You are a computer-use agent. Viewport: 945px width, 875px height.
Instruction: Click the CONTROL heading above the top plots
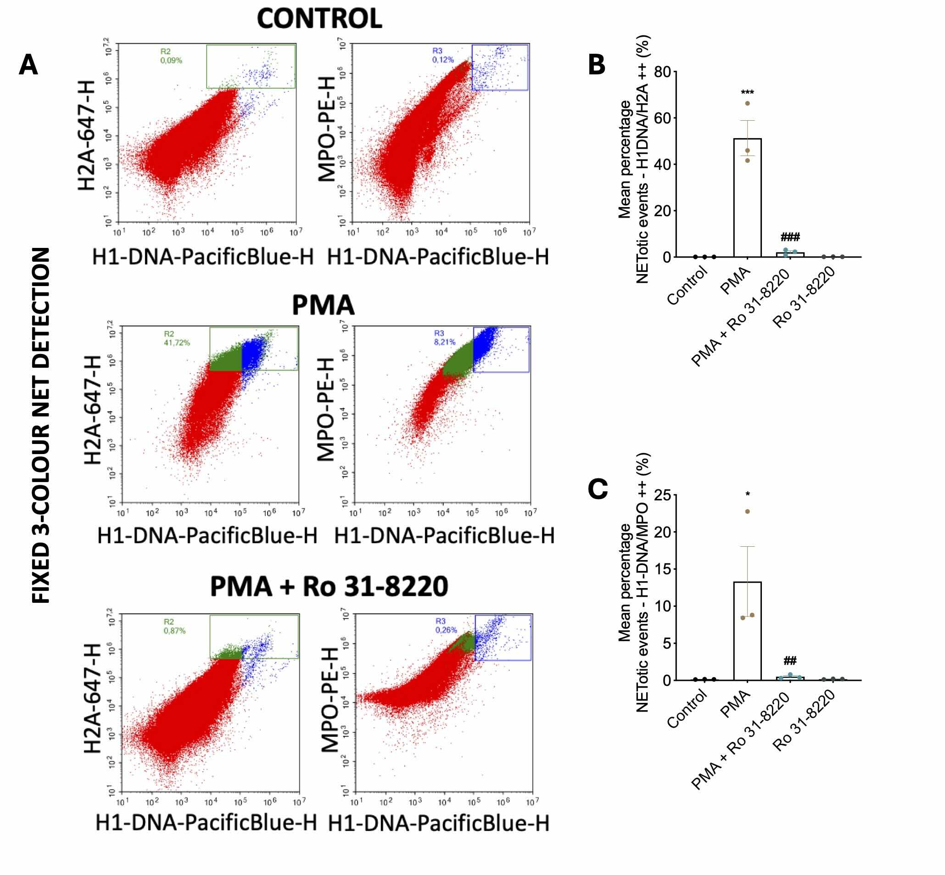(x=319, y=19)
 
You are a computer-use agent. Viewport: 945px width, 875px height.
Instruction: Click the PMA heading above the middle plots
(x=323, y=305)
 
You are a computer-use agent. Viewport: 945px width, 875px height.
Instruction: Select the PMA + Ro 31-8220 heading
(x=329, y=586)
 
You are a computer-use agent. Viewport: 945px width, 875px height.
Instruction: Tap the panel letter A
(x=28, y=65)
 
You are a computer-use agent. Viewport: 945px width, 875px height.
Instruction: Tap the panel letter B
(x=597, y=65)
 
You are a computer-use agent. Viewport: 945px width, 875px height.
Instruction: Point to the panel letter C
(x=598, y=488)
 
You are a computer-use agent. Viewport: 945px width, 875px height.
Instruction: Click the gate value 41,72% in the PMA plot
(x=177, y=343)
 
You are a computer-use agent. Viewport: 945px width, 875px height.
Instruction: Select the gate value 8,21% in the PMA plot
(x=445, y=342)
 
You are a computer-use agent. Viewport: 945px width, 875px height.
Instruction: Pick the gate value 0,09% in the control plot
(x=171, y=61)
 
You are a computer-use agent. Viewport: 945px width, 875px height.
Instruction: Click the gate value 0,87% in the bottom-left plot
(x=175, y=631)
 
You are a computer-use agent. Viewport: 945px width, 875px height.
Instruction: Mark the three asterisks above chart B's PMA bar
(x=747, y=93)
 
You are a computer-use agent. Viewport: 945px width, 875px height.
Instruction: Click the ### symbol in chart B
(x=790, y=237)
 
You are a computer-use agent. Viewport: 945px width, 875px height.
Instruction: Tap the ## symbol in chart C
(x=790, y=660)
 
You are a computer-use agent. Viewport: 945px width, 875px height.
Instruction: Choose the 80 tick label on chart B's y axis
(x=662, y=72)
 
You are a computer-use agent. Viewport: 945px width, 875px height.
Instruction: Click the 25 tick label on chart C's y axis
(x=662, y=496)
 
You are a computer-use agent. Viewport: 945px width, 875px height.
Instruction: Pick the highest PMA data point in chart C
(x=748, y=511)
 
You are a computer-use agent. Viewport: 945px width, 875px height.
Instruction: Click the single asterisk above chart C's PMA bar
(x=748, y=494)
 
